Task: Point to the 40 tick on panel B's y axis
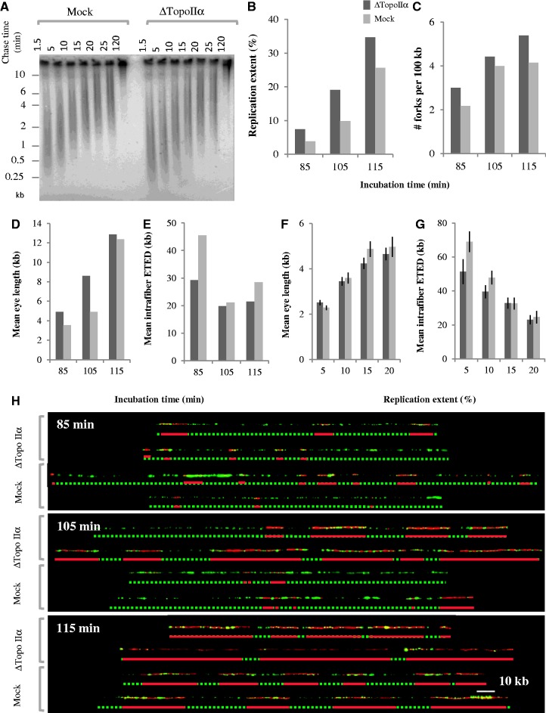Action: pos(273,20)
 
